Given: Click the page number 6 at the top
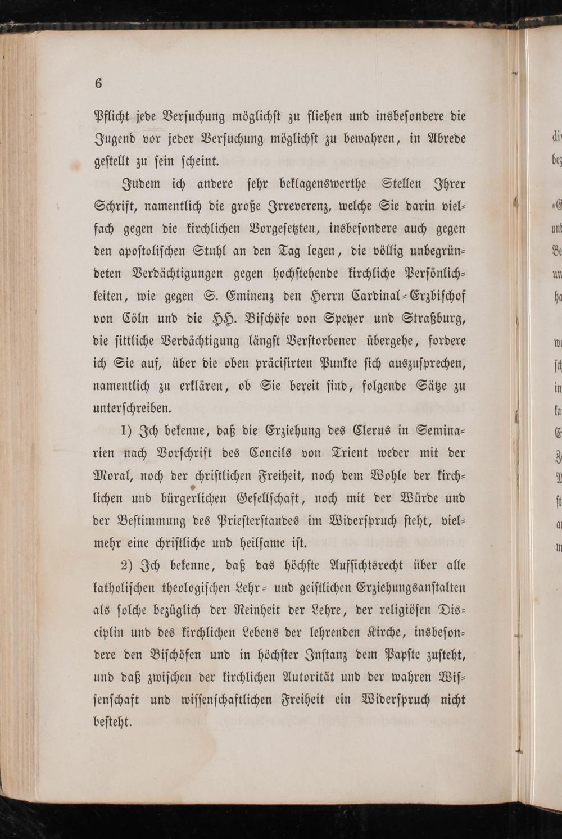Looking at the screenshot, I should tap(98, 83).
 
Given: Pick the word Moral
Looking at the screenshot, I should tap(115, 475).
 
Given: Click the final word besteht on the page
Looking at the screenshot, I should tap(112, 722).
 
